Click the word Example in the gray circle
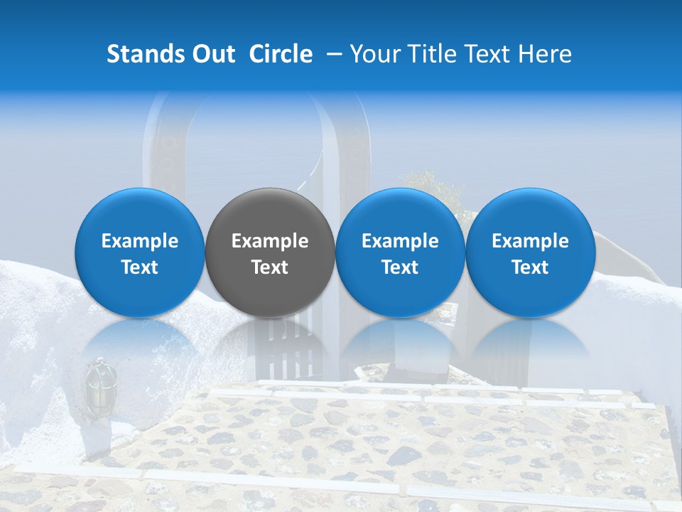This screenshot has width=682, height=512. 270,241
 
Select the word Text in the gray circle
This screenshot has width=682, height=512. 270,267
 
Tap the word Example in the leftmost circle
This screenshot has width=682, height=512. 140,241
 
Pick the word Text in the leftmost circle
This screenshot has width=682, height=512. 140,267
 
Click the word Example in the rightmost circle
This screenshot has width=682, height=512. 530,241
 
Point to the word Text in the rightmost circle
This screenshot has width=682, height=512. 530,267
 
